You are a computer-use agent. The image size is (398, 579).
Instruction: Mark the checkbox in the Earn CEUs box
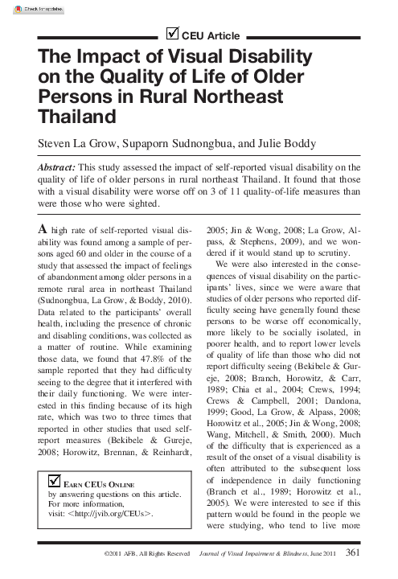click(55, 481)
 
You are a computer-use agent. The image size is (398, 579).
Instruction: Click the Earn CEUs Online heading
click(100, 484)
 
